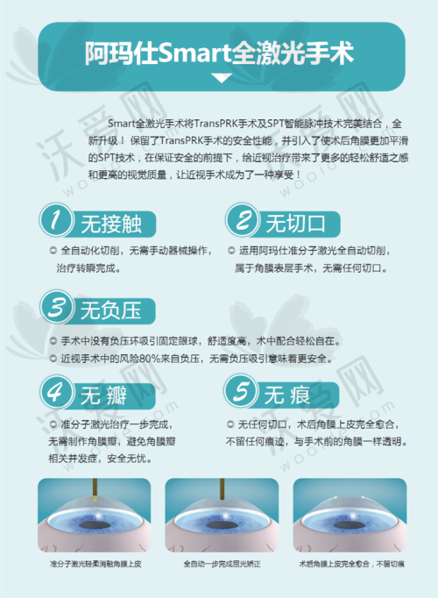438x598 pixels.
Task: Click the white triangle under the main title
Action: pyautogui.click(x=222, y=78)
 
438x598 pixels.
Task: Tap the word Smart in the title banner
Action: pyautogui.click(x=194, y=53)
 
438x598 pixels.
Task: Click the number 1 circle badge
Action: pyautogui.click(x=56, y=220)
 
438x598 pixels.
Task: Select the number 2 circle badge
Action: pyautogui.click(x=242, y=220)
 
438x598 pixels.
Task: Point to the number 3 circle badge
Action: pyautogui.click(x=56, y=307)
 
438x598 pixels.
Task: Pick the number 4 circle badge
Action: pyautogui.click(x=56, y=392)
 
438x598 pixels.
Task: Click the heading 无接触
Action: pyautogui.click(x=111, y=224)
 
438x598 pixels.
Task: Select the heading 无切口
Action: pyautogui.click(x=295, y=224)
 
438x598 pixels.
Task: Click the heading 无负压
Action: pyautogui.click(x=111, y=310)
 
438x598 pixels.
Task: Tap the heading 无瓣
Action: pyautogui.click(x=103, y=395)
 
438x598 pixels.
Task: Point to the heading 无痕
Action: pyautogui.click(x=287, y=395)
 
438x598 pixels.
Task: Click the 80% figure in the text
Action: pyautogui.click(x=150, y=359)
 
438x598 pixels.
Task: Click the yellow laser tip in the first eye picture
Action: pyautogui.click(x=95, y=498)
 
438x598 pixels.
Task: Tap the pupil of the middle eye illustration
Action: pyautogui.click(x=222, y=526)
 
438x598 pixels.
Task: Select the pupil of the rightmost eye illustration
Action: pyautogui.click(x=350, y=526)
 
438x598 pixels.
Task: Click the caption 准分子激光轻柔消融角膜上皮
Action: pyautogui.click(x=95, y=564)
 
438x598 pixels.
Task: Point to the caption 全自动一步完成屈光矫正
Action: pyautogui.click(x=222, y=564)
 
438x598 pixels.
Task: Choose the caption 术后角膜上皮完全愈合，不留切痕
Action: pyautogui.click(x=351, y=564)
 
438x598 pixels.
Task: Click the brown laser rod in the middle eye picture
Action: pyautogui.click(x=222, y=489)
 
